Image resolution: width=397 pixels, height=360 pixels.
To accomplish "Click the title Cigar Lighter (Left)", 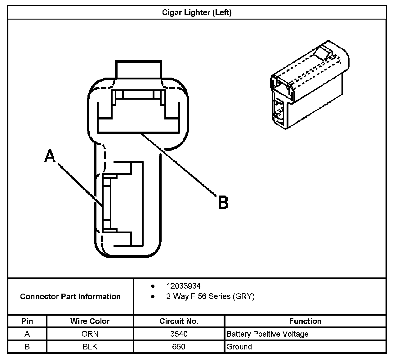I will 197,13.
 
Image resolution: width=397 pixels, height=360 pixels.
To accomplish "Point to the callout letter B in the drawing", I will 223,202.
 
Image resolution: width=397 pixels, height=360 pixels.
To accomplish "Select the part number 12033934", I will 183,286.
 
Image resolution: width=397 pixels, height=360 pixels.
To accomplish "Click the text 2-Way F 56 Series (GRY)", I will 210,296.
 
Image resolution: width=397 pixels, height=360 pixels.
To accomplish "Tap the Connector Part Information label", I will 70,296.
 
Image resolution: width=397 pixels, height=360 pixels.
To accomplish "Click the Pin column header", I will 27,321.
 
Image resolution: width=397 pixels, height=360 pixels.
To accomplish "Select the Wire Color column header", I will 90,321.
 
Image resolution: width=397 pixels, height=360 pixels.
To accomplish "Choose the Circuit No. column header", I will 179,321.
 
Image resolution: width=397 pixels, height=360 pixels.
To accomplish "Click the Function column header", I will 305,321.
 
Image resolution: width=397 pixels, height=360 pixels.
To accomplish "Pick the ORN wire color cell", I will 90,334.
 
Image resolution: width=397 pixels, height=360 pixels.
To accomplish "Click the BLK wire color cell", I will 90,347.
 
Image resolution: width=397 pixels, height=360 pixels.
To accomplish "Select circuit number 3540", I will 179,334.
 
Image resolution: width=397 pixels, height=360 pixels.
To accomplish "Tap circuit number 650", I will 179,347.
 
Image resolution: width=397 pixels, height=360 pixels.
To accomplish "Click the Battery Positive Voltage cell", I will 267,334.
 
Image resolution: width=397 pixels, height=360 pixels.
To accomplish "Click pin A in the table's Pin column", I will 27,334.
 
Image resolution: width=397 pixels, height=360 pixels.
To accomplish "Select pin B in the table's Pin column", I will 27,347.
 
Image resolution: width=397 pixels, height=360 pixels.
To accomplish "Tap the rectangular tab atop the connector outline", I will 139,69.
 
